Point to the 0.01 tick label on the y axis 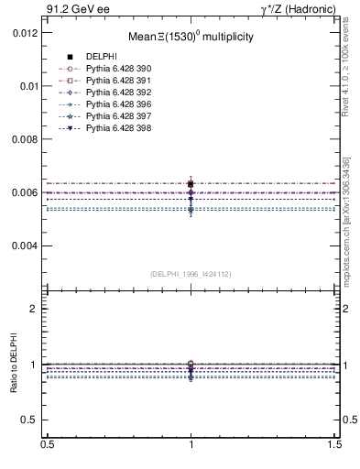(x=28, y=85)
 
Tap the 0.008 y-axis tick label (x=25, y=139)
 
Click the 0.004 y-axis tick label (x=25, y=246)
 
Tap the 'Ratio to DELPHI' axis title (x=12, y=365)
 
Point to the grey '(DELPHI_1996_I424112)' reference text (x=191, y=274)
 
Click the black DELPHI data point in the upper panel (x=191, y=184)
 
